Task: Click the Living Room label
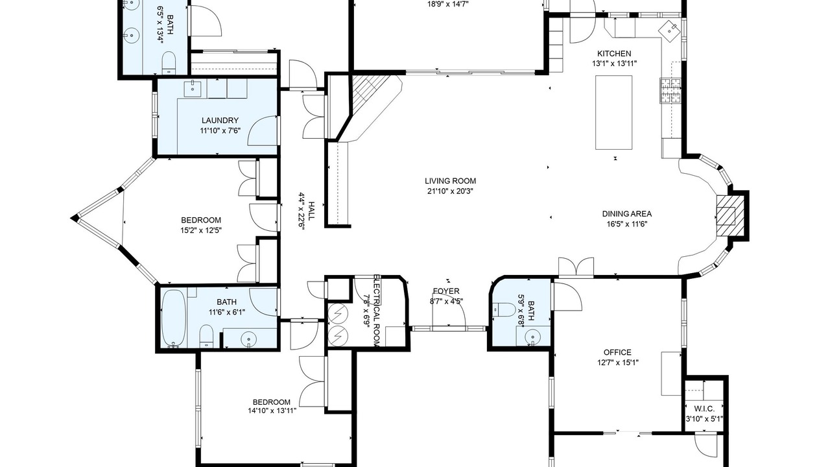tap(450, 181)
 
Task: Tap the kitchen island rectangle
tap(614, 112)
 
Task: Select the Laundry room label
tap(220, 121)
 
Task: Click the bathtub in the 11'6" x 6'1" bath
tap(174, 318)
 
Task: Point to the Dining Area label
tap(627, 214)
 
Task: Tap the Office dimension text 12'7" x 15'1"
tap(618, 363)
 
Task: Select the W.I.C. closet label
tap(704, 409)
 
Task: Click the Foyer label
tap(446, 291)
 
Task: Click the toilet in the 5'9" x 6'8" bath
tap(503, 309)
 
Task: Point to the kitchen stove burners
tap(670, 90)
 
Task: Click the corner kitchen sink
tap(670, 29)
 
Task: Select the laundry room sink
tap(193, 88)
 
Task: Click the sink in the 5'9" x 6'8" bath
tap(532, 337)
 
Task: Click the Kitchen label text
tap(614, 53)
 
